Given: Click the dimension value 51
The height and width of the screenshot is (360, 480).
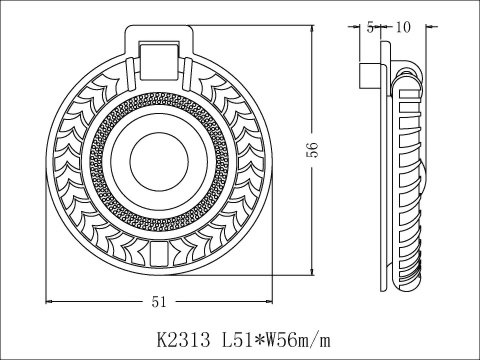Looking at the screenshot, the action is [159, 302].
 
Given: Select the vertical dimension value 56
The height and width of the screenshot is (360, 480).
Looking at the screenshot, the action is [313, 150].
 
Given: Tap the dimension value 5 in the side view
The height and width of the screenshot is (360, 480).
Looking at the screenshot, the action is [370, 27].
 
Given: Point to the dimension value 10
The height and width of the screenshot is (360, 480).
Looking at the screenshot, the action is [403, 27].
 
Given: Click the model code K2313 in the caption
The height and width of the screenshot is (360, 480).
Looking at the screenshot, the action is [183, 341].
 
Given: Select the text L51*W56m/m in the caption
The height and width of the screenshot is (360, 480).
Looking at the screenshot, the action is [276, 341].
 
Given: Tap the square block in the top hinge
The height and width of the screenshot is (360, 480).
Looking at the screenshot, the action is [158, 61].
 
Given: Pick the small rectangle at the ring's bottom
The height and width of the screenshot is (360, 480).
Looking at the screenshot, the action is [158, 254].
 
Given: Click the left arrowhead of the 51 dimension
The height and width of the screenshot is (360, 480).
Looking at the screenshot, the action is [49, 301].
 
